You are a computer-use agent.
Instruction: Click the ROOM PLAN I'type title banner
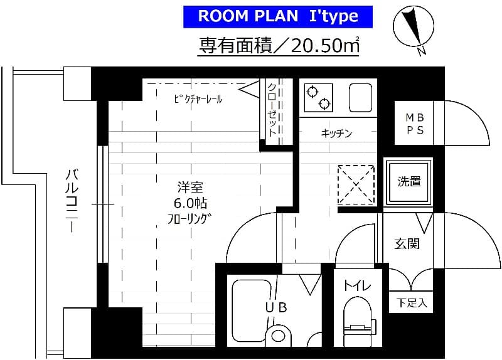coord(278,16)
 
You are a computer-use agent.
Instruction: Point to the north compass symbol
coord(412,30)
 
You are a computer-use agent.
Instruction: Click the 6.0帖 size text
coord(190,203)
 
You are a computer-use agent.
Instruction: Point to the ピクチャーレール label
coord(197,98)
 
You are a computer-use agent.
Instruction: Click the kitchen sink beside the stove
coord(360,97)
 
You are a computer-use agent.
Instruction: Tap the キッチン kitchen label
coord(336,133)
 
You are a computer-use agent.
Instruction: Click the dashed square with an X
coord(356,184)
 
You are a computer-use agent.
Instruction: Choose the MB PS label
coord(414,124)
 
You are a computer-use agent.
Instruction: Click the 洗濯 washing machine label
coord(409,181)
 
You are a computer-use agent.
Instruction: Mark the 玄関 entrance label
coord(407,243)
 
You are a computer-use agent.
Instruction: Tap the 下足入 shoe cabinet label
coord(412,304)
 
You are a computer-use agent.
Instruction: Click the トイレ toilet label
coord(357,286)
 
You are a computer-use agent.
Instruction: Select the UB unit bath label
coord(275,307)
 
